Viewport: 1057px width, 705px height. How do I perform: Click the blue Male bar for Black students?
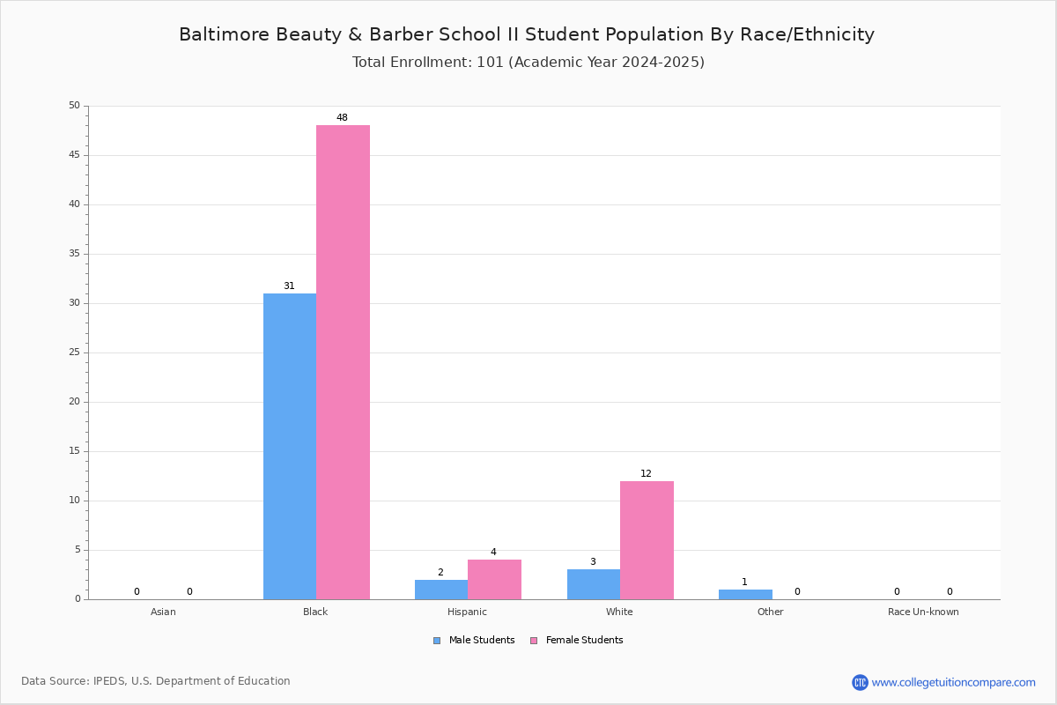[290, 446]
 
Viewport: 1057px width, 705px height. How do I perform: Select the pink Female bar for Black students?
[343, 362]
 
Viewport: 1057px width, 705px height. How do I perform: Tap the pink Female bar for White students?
[647, 540]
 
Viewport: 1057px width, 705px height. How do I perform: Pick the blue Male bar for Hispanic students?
[441, 590]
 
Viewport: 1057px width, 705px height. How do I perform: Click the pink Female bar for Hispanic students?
[494, 579]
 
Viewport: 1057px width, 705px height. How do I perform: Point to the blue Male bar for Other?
[745, 595]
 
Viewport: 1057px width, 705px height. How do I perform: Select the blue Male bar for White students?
[594, 584]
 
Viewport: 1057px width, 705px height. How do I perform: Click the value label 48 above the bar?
[342, 117]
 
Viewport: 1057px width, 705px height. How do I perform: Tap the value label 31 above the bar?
[289, 286]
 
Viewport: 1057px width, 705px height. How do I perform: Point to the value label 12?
[646, 473]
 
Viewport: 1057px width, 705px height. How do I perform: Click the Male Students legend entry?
[474, 641]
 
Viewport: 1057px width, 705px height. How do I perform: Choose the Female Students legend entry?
[577, 641]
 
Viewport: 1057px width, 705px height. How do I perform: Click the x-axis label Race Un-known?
[923, 612]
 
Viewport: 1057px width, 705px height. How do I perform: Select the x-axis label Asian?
[163, 612]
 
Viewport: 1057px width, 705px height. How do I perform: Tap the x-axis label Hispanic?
[467, 612]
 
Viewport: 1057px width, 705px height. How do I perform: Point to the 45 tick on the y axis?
[75, 155]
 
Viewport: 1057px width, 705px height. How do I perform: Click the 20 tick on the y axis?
[75, 401]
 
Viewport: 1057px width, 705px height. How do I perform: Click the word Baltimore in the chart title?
[224, 34]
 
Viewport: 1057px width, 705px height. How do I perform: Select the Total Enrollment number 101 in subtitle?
[491, 63]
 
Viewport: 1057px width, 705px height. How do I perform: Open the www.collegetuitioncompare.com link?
[953, 682]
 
